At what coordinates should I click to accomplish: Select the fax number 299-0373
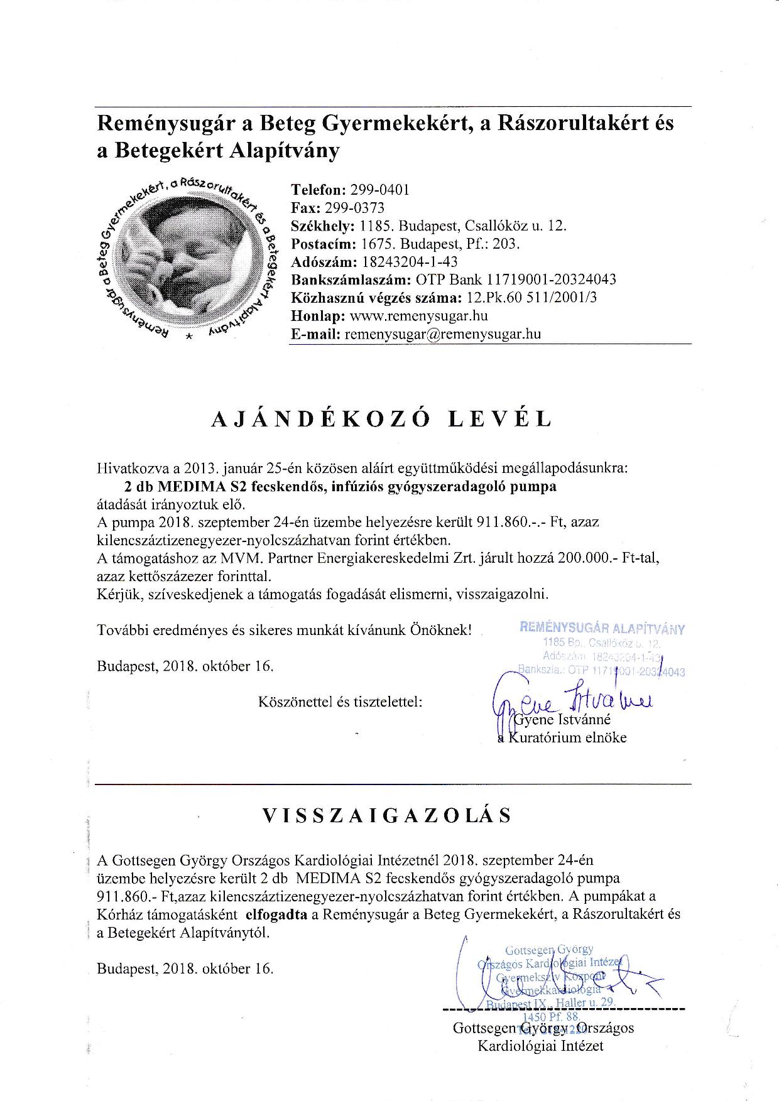(x=355, y=208)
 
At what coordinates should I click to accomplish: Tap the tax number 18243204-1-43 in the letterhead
(x=410, y=262)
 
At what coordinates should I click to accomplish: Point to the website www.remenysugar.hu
(x=418, y=316)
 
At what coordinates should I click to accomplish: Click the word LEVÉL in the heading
(x=499, y=420)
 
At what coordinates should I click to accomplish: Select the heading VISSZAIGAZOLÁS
(x=387, y=815)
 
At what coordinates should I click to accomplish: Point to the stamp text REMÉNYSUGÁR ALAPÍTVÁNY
(x=602, y=629)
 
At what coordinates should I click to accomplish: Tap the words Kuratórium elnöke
(x=567, y=737)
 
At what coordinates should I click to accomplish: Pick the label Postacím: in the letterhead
(x=323, y=244)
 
